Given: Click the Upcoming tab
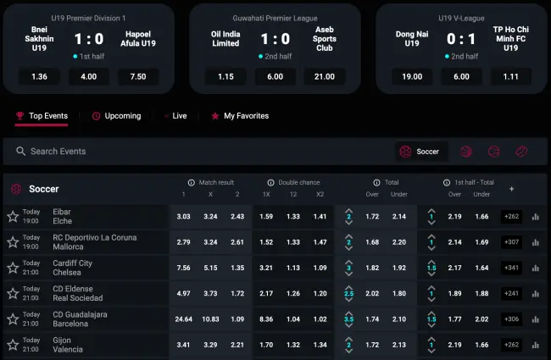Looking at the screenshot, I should click(116, 116).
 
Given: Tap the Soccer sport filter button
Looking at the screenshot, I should click(421, 152).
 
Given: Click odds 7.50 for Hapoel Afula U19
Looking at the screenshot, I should click(138, 76).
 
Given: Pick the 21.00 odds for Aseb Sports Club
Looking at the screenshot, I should click(324, 76).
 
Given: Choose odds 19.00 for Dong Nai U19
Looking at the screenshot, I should click(412, 76).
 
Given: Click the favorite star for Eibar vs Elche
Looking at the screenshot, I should click(13, 217).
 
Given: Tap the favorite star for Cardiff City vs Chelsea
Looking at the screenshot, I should click(13, 268).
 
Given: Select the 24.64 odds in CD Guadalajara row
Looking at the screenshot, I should click(183, 318).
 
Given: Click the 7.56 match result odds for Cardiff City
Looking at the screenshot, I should click(183, 268).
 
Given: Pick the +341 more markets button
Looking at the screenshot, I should click(511, 268).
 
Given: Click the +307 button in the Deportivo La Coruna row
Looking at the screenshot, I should click(511, 242).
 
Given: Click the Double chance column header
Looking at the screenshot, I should click(292, 182).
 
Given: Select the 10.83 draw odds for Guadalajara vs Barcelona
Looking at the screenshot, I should click(211, 318).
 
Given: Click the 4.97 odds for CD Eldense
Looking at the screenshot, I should click(183, 293).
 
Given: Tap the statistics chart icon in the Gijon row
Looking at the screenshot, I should click(535, 345).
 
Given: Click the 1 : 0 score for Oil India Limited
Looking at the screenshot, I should click(275, 38).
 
